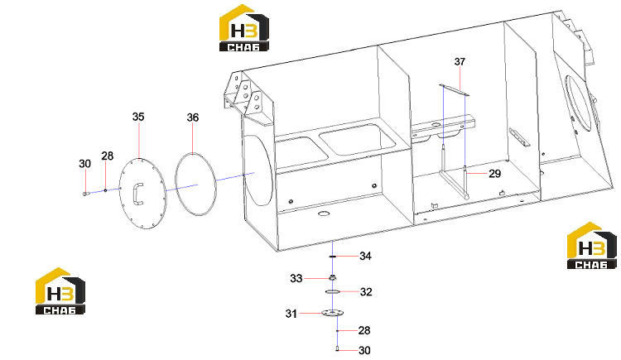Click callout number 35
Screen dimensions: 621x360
(x=138, y=117)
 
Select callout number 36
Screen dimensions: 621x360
(x=192, y=118)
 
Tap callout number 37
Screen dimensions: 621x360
(x=460, y=62)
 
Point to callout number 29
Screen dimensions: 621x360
(x=494, y=174)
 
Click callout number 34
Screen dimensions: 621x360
(x=365, y=257)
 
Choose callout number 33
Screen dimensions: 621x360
(x=296, y=278)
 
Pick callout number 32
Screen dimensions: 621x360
(x=366, y=292)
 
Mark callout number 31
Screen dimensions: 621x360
(x=291, y=314)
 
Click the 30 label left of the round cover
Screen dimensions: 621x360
(x=84, y=164)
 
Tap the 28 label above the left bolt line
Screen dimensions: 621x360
(x=108, y=156)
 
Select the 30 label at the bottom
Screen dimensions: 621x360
(x=364, y=351)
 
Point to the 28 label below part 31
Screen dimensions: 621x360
(x=364, y=330)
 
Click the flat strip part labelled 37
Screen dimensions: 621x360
(x=455, y=89)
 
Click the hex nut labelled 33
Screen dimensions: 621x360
(x=333, y=278)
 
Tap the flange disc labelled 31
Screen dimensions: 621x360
(x=332, y=314)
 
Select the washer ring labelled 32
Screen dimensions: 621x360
(x=333, y=292)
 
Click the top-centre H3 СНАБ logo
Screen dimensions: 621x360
(x=244, y=27)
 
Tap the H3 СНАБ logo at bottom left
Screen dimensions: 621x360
(x=60, y=291)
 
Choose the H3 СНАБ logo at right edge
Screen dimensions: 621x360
(x=592, y=246)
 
